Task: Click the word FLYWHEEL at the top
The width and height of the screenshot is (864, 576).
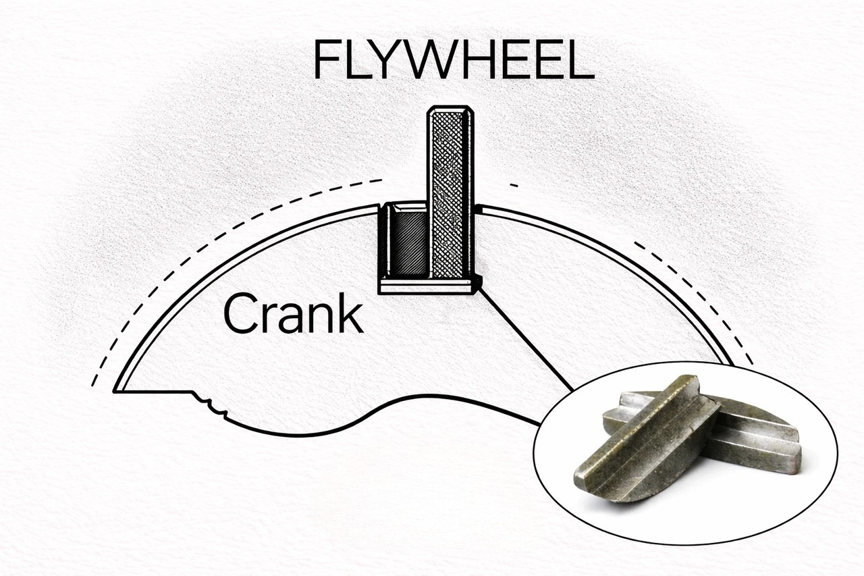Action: pos(454,59)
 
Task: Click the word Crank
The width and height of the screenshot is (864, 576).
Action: pos(293,313)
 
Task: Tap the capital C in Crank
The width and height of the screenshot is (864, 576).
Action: pos(240,314)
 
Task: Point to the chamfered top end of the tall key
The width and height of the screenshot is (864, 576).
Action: pos(450,109)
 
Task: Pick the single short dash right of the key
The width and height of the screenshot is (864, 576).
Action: pos(514,186)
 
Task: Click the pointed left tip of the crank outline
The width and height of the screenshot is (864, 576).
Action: pos(115,391)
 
